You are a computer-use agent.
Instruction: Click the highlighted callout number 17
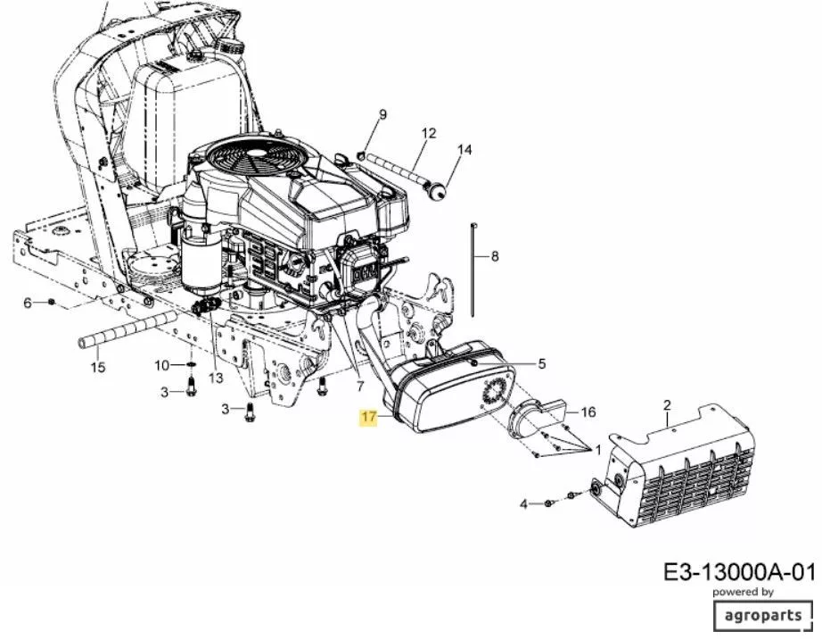pos(369,417)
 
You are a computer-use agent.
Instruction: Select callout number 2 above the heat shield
pos(667,405)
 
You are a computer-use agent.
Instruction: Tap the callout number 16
pos(588,412)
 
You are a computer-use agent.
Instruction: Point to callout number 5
pos(542,363)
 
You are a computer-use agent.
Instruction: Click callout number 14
pos(464,150)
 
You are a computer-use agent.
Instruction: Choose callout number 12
pos(428,133)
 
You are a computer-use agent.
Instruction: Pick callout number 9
pos(382,114)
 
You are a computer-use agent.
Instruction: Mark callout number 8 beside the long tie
pos(494,257)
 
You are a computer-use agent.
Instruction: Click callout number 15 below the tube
pos(97,367)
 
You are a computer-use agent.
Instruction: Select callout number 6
pos(28,303)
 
